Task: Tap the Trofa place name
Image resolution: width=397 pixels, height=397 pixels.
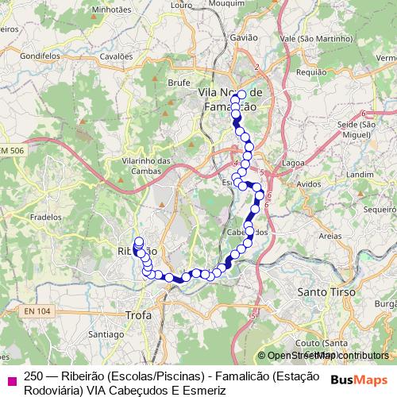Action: coord(139,315)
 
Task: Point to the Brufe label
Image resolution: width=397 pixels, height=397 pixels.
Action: coord(179,81)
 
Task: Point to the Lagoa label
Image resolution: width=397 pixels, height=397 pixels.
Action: coord(293,163)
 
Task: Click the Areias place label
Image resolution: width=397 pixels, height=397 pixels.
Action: coord(307,236)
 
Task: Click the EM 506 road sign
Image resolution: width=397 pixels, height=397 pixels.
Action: coord(12,150)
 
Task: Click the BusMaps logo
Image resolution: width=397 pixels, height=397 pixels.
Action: coord(361,380)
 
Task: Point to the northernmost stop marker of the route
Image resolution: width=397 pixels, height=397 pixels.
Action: coord(241,94)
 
